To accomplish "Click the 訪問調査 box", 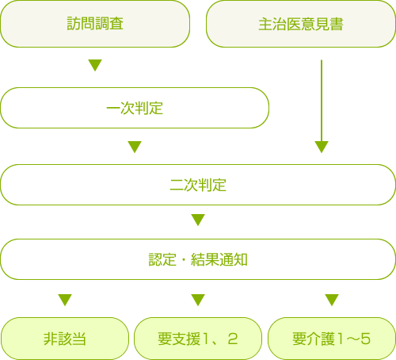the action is tap(95, 24).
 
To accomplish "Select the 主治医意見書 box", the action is tap(301, 24).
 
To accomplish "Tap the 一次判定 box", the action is tap(135, 108).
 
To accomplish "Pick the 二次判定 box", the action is tap(198, 185).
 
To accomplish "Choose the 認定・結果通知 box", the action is tap(198, 259).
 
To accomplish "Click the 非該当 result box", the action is tap(65, 339).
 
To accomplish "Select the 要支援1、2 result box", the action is tap(198, 339).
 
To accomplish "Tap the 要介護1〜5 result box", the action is tap(332, 339).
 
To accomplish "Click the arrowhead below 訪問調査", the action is tap(95, 65).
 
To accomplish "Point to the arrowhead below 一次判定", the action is tap(135, 147).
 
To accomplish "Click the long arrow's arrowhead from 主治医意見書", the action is tap(322, 147).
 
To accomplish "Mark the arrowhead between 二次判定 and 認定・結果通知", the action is tap(198, 220).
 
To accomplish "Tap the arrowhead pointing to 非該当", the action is tap(65, 300).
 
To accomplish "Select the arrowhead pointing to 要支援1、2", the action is tap(198, 300).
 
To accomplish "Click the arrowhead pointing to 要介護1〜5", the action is tap(332, 300).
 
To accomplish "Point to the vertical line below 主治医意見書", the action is tap(322, 101).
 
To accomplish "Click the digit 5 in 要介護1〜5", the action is tap(365, 339).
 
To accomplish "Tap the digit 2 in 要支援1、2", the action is tap(233, 339).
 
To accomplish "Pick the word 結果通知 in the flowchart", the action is tap(219, 259).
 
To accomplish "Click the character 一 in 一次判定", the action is tap(113, 108).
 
